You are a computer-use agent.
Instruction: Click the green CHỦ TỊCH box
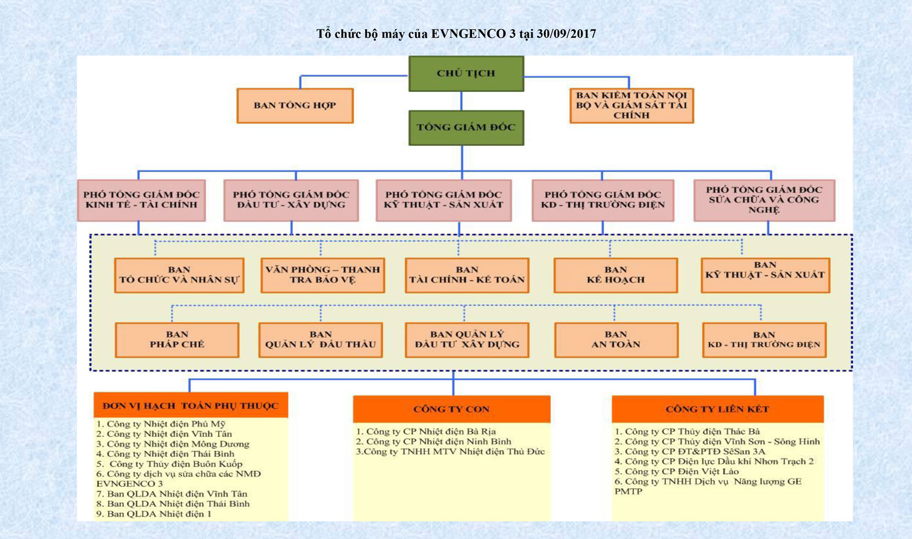466,74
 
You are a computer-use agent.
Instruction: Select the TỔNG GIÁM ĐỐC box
466,128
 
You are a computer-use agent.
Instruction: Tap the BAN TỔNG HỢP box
295,105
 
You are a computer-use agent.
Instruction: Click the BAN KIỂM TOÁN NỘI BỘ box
632,105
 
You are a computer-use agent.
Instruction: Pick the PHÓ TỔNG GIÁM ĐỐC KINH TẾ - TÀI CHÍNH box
141,200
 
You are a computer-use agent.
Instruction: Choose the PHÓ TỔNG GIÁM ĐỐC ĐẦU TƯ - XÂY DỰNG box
291,200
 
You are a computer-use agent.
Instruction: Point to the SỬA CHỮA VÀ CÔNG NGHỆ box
764,200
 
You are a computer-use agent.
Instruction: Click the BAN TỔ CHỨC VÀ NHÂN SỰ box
179,275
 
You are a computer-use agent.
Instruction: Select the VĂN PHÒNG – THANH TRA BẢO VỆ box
323,275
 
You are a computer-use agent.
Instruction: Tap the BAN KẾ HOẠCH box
616,275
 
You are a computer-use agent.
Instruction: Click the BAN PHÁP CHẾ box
177,340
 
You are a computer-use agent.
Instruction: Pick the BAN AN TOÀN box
616,340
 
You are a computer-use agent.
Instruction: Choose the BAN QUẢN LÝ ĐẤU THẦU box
320,340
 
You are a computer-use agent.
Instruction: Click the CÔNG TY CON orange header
451,409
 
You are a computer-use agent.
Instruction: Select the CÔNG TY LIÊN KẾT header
717,409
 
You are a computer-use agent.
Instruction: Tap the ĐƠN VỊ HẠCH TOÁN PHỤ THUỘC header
191,405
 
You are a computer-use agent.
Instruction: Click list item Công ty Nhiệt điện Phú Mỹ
161,424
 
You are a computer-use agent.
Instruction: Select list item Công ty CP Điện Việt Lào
677,471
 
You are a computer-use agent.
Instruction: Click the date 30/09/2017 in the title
566,34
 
